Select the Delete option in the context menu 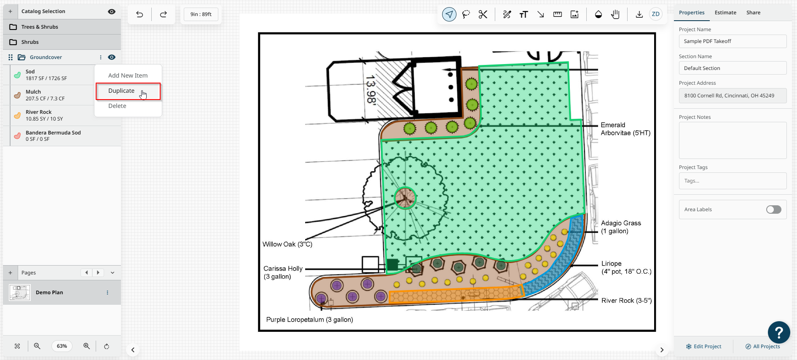pos(117,106)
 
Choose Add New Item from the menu pos(128,75)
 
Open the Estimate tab pos(725,13)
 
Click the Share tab pos(753,13)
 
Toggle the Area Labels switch pos(773,210)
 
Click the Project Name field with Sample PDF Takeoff pos(733,41)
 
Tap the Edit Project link pos(703,347)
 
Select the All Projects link pos(762,347)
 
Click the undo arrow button pos(140,14)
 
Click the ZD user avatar pos(655,14)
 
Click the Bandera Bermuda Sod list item pos(53,136)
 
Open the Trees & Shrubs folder pos(40,27)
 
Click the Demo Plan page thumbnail pos(20,293)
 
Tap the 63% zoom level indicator pos(62,346)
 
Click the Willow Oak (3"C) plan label pos(287,244)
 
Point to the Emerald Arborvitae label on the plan pos(625,129)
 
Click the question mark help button pos(779,333)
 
